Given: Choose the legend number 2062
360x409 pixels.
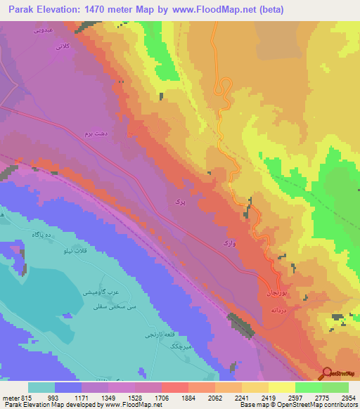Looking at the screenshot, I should coord(213,398).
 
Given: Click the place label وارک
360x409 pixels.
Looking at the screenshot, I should coord(229,242).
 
